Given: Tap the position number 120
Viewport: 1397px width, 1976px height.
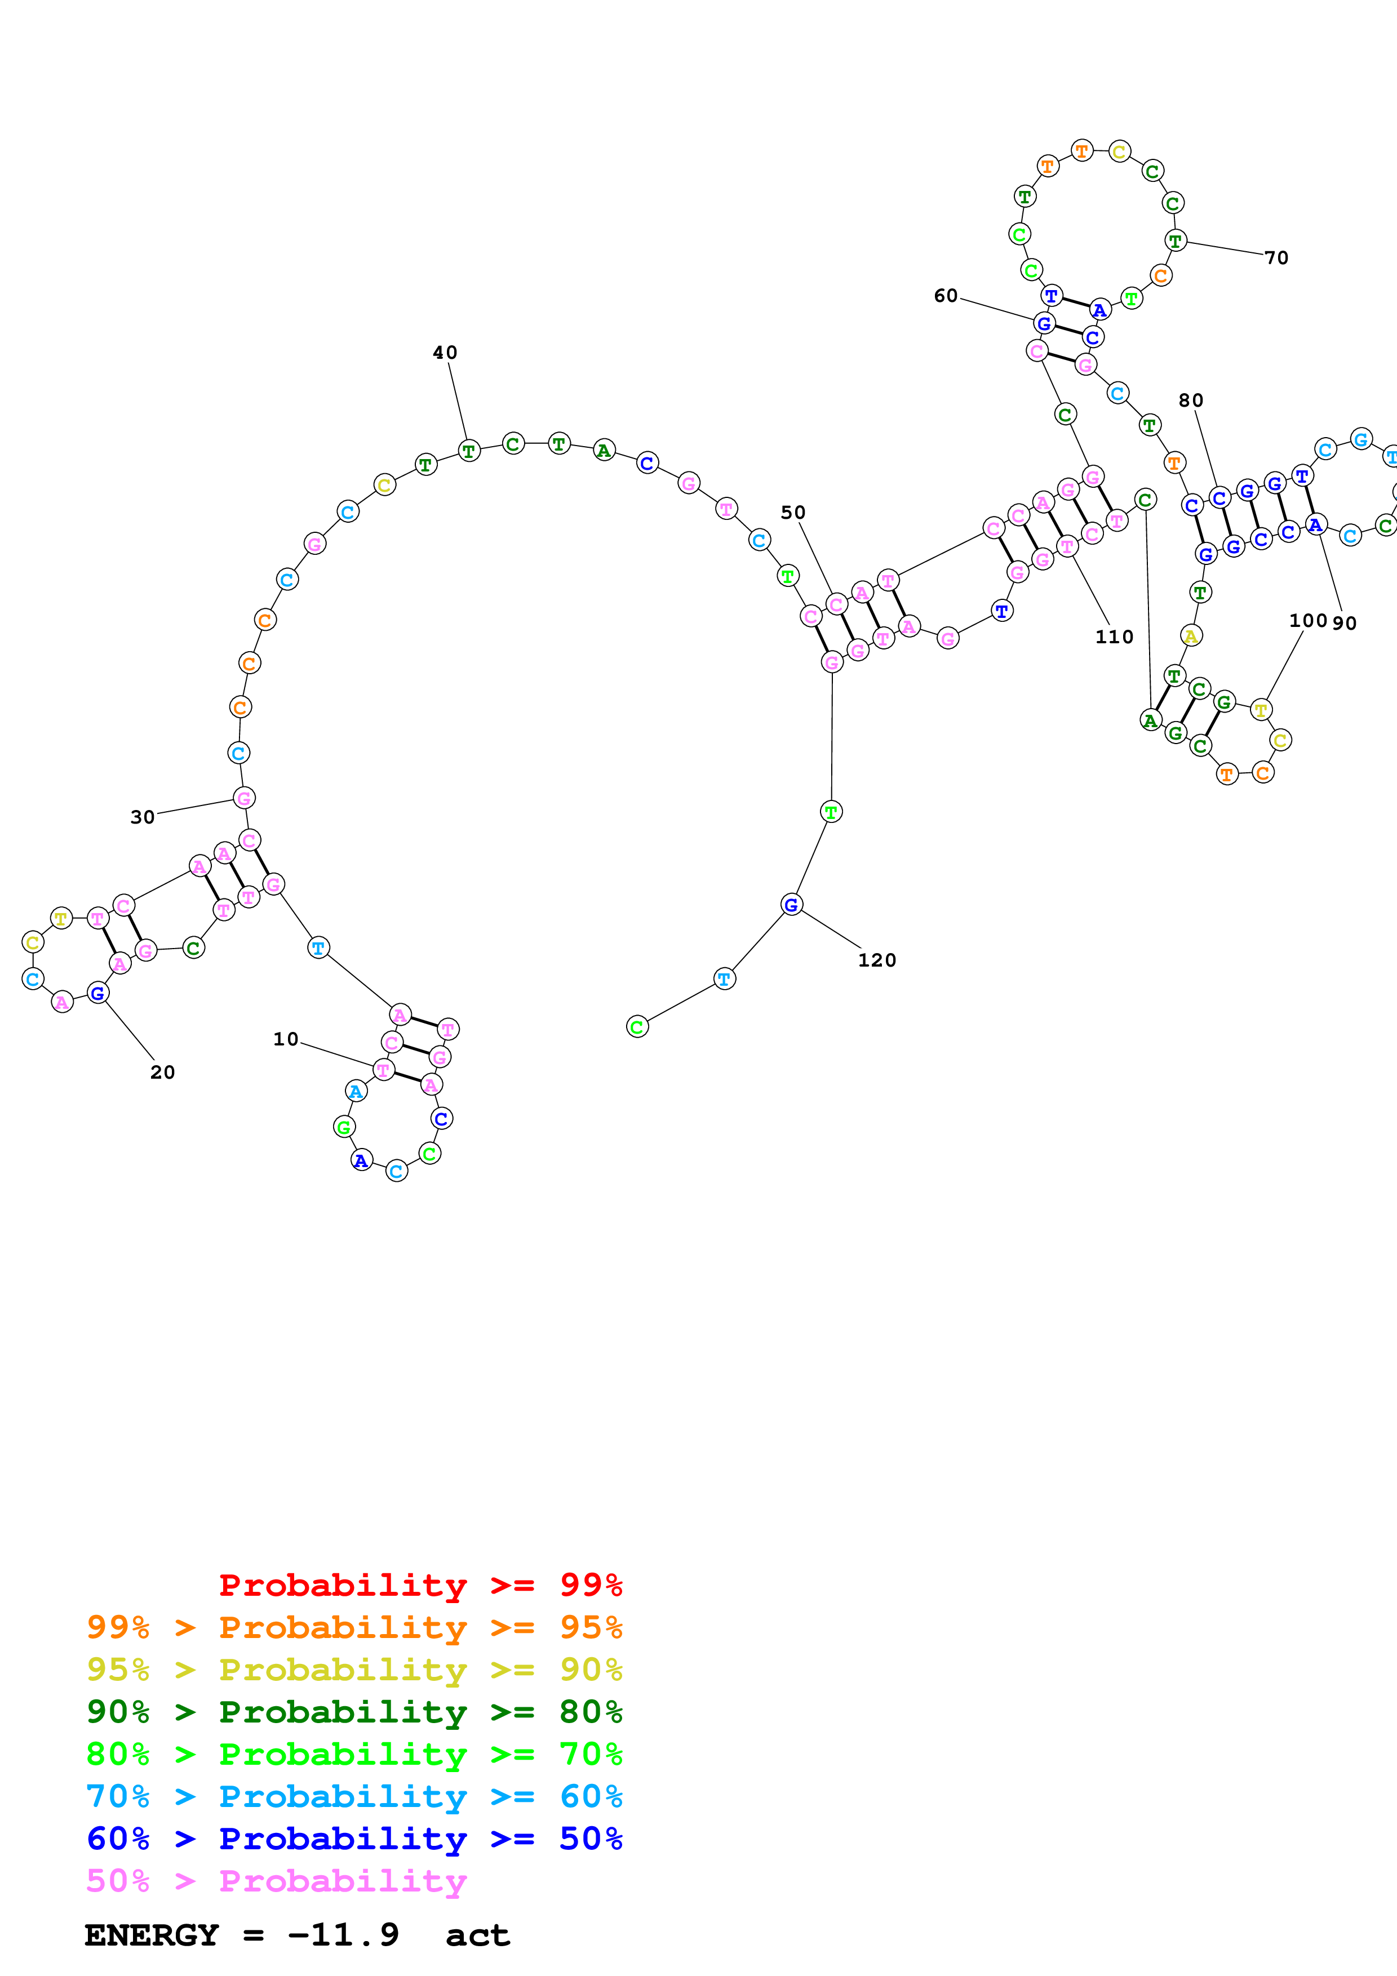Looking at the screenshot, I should (x=876, y=960).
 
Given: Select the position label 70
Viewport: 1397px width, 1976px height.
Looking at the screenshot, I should (x=1276, y=258).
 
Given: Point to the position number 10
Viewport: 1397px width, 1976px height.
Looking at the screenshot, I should (x=285, y=1040).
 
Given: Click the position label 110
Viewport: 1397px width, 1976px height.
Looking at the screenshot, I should (x=1114, y=637).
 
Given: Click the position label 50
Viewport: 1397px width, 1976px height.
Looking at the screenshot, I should (x=793, y=513).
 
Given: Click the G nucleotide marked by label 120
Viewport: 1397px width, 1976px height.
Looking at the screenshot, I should (x=791, y=905).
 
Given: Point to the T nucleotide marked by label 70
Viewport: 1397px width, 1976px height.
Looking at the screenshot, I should (x=1175, y=241).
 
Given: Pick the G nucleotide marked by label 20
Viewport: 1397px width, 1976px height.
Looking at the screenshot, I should (x=98, y=993).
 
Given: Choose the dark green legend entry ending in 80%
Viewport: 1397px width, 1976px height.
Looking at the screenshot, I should (x=354, y=1712).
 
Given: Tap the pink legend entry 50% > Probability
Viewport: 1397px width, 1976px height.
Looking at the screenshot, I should (x=276, y=1881).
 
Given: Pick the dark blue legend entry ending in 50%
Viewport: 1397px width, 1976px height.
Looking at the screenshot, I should (x=354, y=1839).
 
